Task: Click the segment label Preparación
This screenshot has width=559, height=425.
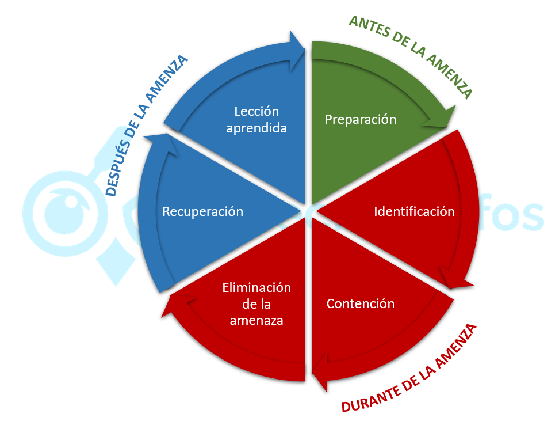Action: pos(361,119)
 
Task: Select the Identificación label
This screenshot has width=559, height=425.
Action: pos(414,211)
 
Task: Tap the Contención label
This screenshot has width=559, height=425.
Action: pos(361,303)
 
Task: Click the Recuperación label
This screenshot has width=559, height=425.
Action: pos(202,211)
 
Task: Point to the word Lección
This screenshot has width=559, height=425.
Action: pos(256,111)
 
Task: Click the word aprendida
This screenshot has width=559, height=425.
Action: pos(256,128)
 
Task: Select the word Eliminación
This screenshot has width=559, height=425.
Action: pos(256,287)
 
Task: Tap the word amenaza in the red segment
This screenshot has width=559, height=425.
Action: pos(256,321)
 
